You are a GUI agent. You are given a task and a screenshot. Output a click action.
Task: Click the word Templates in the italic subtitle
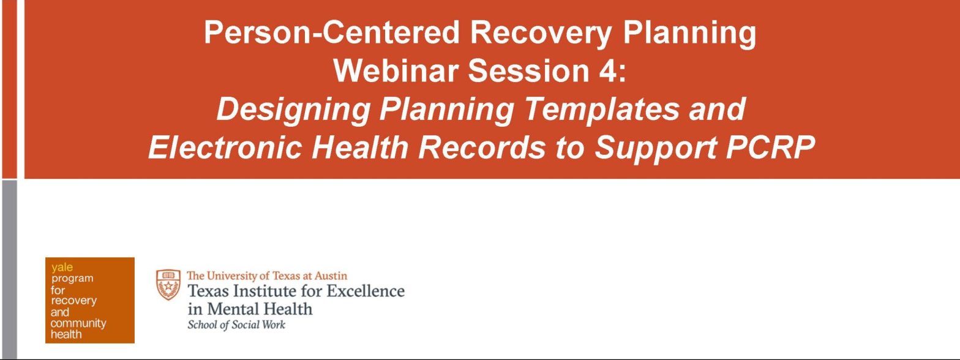(x=594, y=110)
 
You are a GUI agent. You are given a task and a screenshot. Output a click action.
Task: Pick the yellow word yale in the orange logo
(x=62, y=267)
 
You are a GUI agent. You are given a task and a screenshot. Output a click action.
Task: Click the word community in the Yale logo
(x=78, y=323)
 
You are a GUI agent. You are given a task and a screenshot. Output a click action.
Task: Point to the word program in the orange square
(x=72, y=279)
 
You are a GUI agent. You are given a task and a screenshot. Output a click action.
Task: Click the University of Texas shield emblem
(x=168, y=285)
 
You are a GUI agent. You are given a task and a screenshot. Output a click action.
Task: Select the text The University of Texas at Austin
(x=267, y=276)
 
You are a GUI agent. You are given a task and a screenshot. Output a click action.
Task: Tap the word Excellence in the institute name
(x=366, y=291)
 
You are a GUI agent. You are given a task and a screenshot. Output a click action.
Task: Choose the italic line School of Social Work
(x=236, y=325)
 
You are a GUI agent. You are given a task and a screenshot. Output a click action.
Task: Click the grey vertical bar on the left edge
(x=9, y=269)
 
